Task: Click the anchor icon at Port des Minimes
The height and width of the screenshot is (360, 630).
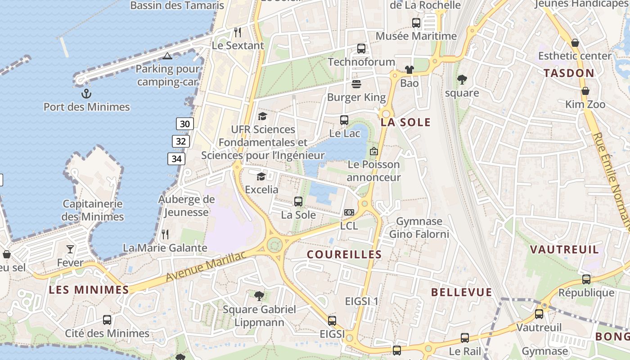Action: tap(86, 94)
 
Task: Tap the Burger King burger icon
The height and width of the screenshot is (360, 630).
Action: tap(356, 84)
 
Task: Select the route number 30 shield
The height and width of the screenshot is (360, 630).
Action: tap(184, 124)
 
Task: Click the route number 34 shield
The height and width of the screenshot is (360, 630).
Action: tap(176, 158)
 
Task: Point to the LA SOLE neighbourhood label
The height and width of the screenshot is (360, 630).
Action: tap(405, 122)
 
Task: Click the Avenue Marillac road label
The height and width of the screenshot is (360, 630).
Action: tap(206, 266)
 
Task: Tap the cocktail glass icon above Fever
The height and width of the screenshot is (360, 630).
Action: tap(70, 249)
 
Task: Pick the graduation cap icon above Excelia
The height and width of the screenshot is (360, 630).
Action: tap(261, 176)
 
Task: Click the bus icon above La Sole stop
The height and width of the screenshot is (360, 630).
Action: tap(298, 202)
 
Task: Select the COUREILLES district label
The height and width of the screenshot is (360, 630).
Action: tap(344, 255)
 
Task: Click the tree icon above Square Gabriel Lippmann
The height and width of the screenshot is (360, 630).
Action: tap(259, 296)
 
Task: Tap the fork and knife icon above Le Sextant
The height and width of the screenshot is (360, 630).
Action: tap(238, 32)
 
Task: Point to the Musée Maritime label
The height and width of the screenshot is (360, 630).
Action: tap(416, 36)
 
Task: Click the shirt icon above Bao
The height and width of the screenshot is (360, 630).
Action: tap(409, 70)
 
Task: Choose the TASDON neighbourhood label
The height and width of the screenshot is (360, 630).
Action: tap(569, 73)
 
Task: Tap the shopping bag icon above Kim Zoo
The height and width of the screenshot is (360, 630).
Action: tap(585, 91)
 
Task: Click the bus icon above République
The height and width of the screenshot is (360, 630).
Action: tap(586, 279)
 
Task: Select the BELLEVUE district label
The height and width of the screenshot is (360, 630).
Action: tap(462, 292)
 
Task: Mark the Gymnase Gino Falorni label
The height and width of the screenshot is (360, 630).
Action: tap(419, 228)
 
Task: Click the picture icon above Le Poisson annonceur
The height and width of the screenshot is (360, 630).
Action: tap(373, 151)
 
